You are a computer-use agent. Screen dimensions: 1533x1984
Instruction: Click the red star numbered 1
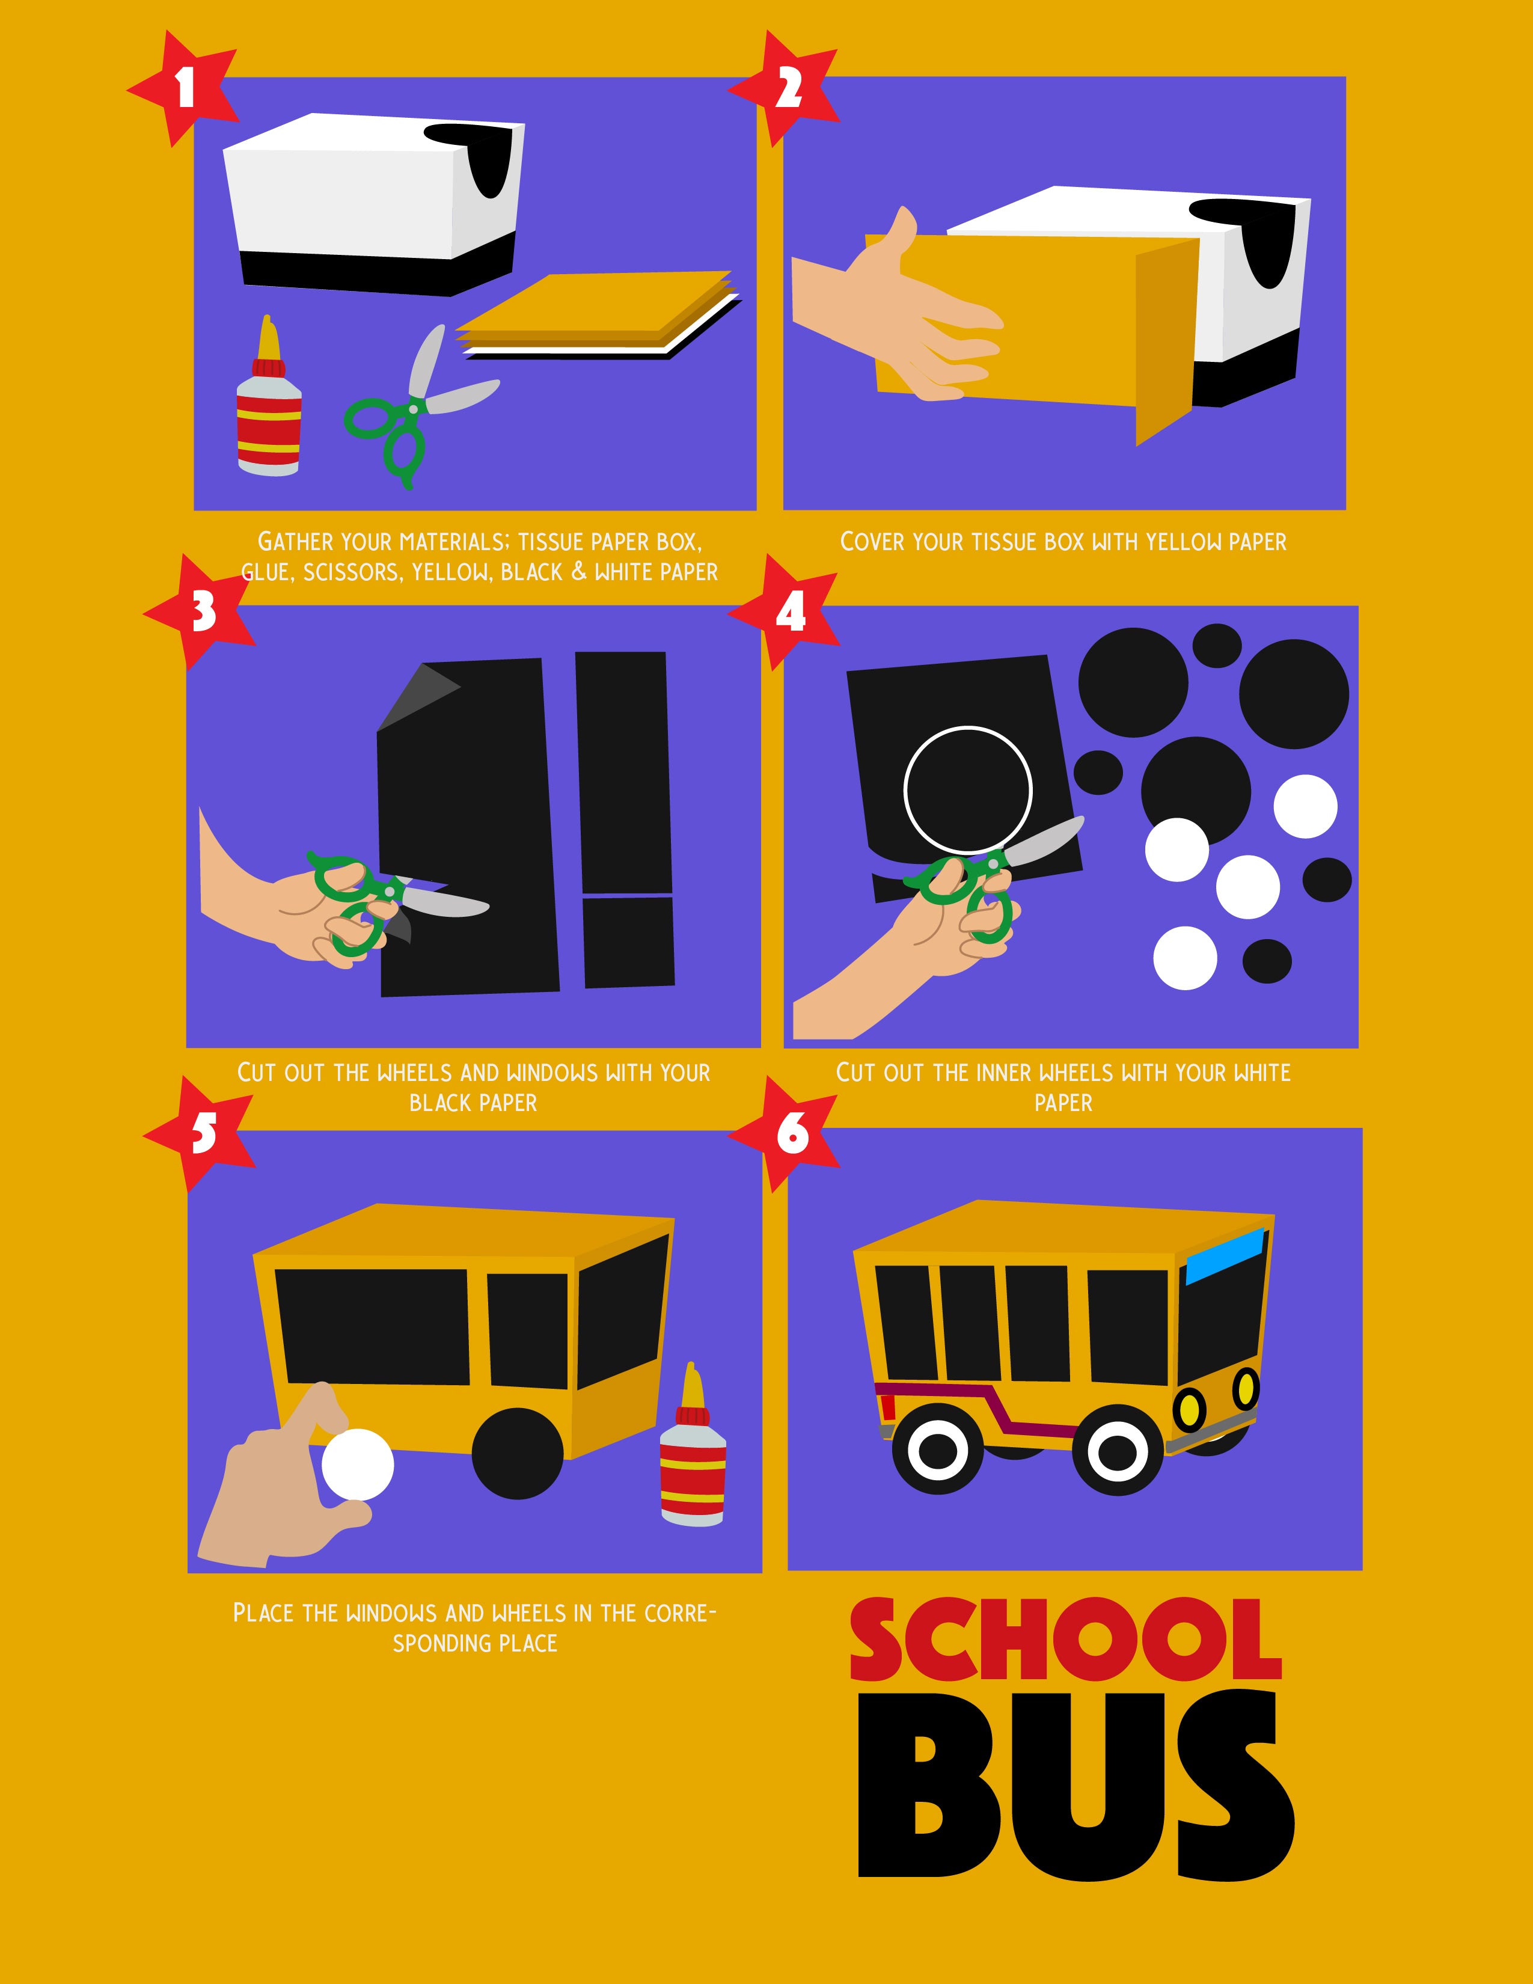tap(185, 88)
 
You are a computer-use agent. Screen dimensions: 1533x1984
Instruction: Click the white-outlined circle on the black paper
tap(968, 791)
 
